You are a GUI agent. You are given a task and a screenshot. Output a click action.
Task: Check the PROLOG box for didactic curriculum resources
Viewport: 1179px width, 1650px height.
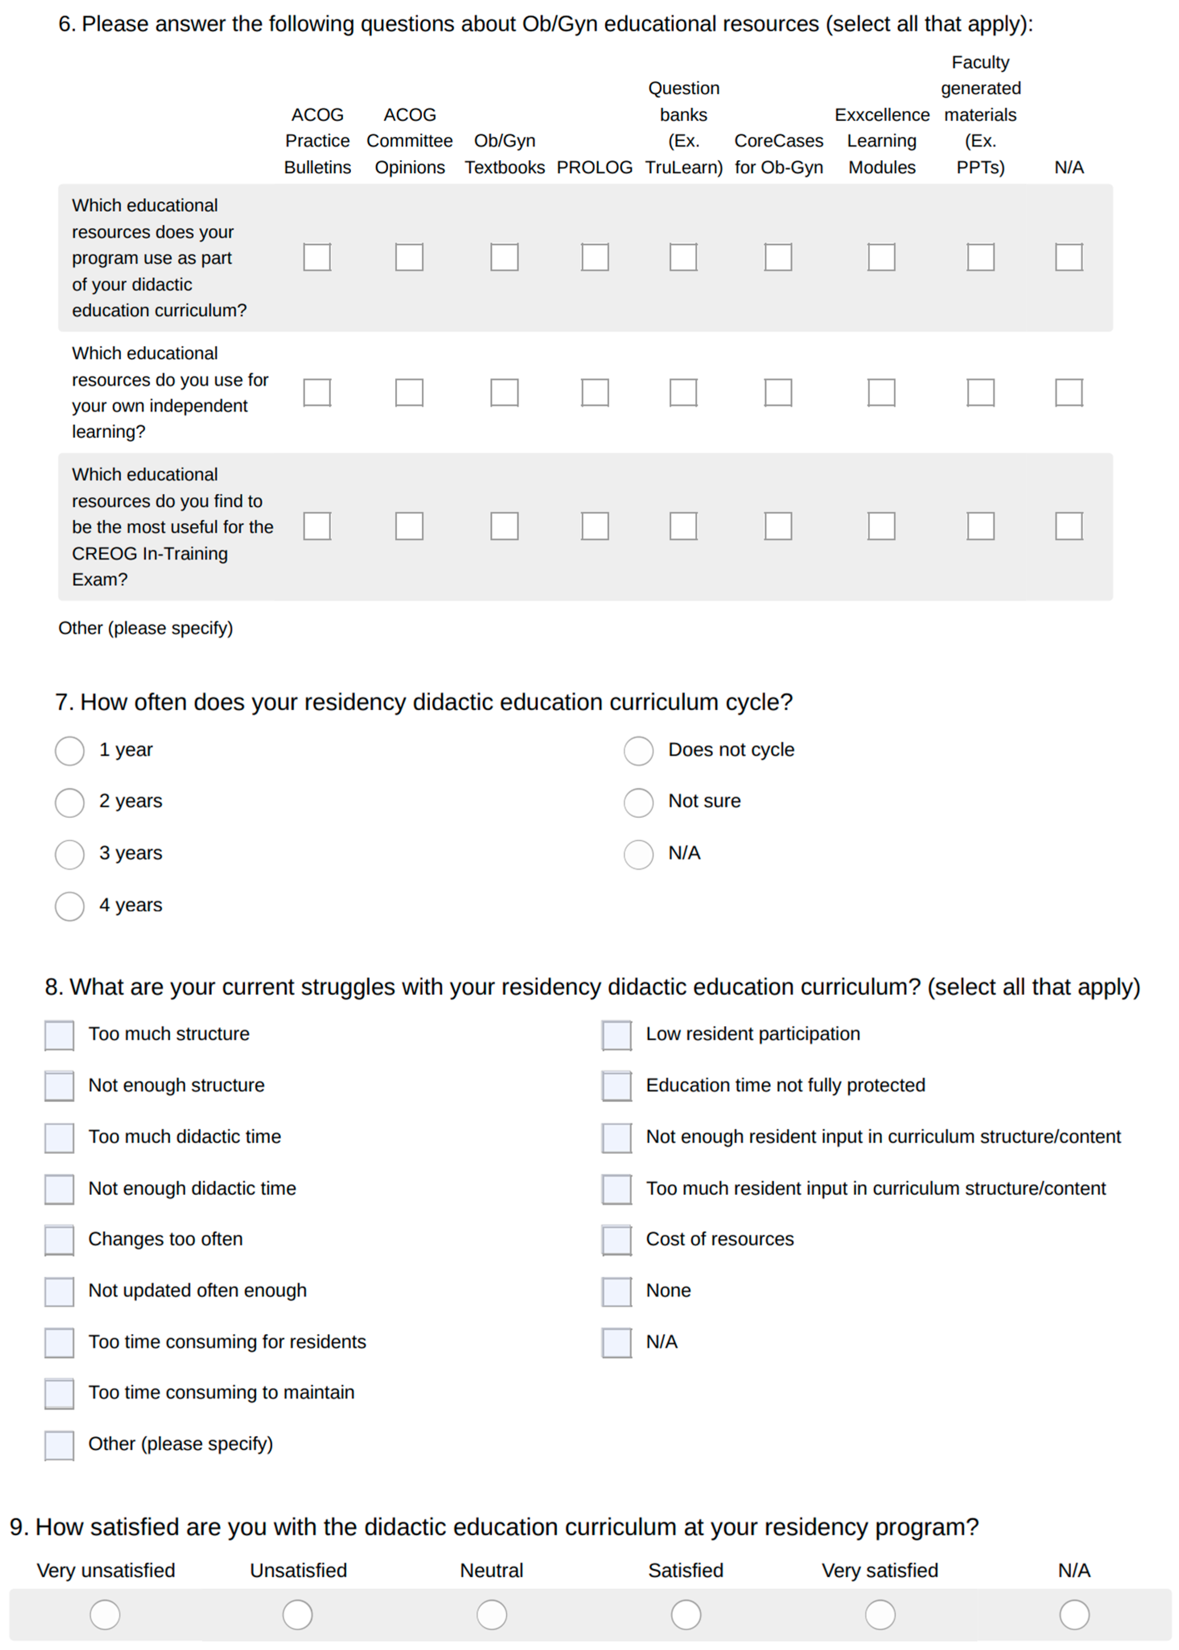[595, 257]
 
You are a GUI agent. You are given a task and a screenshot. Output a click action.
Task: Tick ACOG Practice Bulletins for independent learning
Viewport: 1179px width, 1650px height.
[317, 393]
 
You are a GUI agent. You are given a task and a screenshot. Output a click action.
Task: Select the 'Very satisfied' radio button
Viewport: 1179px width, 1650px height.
[880, 1615]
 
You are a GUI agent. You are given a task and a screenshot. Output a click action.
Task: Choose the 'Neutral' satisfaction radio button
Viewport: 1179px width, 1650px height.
[491, 1615]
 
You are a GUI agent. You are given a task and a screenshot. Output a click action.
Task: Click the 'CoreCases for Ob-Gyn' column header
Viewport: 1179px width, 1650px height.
[778, 154]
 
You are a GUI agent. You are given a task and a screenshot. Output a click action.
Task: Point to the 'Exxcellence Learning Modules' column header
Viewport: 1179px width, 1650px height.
[881, 141]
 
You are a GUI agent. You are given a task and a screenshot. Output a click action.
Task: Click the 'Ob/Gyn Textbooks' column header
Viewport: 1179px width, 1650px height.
[505, 154]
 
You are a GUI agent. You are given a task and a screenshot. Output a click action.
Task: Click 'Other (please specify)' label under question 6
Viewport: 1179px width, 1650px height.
[145, 628]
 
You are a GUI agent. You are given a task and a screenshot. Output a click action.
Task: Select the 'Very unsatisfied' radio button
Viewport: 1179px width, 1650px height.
[105, 1615]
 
